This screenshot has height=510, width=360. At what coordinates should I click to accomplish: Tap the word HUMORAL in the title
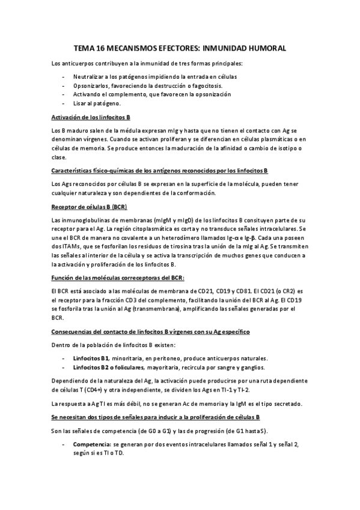pyautogui.click(x=268, y=47)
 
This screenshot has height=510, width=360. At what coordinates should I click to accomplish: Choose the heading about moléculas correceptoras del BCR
pyautogui.click(x=118, y=277)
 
